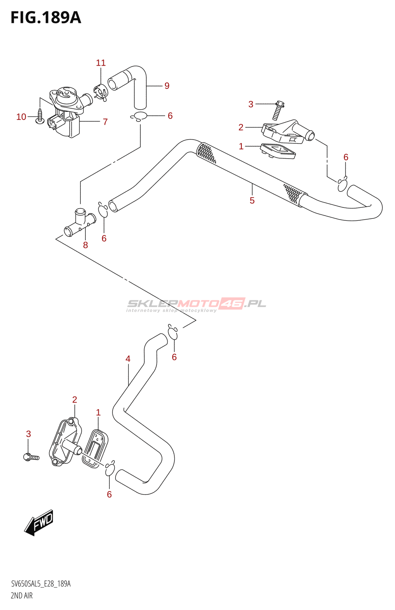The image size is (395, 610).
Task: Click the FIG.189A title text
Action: [x=46, y=18]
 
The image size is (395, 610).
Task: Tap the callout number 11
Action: [x=101, y=63]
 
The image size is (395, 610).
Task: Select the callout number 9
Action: [x=167, y=86]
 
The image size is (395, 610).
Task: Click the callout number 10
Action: [x=21, y=117]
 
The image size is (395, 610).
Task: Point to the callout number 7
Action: [x=105, y=122]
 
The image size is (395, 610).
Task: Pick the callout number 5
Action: [x=252, y=201]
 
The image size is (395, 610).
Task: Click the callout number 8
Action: [x=85, y=245]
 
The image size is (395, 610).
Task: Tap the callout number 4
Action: [x=128, y=359]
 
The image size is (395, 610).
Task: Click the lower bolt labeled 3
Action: [x=31, y=456]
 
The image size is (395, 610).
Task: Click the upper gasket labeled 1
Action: [x=278, y=151]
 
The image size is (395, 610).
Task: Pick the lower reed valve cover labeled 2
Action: [x=65, y=442]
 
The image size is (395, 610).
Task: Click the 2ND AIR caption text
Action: [x=22, y=596]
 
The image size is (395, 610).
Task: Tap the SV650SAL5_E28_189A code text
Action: [x=41, y=584]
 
